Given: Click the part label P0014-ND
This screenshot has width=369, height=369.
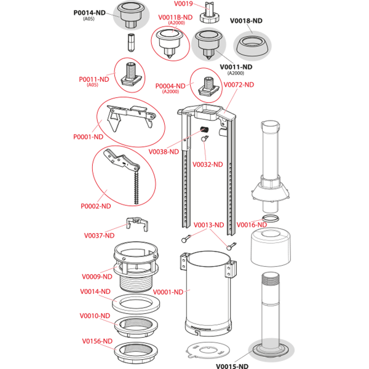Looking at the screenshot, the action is click(89, 13).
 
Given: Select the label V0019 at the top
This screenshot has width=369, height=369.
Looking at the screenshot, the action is click(183, 4).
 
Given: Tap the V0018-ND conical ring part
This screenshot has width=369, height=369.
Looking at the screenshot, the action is click(252, 46).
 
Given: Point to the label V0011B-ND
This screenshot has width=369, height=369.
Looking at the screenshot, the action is click(175, 17).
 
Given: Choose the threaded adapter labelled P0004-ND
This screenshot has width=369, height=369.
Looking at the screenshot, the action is click(208, 87).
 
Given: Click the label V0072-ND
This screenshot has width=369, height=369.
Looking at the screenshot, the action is click(239, 85).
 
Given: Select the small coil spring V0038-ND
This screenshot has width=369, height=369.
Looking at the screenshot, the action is click(205, 129).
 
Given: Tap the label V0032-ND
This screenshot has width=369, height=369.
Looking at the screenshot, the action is click(208, 164).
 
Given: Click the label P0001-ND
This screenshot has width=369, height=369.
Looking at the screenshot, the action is click(88, 137).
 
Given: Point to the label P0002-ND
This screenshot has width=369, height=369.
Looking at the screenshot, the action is click(96, 206).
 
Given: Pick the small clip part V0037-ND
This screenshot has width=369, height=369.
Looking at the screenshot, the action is click(137, 224).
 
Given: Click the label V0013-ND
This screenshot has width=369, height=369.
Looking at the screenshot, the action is click(208, 225).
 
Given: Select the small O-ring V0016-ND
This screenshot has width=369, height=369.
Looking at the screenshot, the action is click(271, 218).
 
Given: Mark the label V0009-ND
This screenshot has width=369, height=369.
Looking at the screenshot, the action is click(97, 277).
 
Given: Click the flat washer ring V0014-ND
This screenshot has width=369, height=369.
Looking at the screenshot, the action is click(136, 304).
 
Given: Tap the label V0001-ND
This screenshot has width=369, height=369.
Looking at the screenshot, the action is click(168, 292).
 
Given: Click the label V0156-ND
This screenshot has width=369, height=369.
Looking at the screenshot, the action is click(97, 341).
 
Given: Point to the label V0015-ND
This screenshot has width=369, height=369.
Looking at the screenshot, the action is click(232, 366).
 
